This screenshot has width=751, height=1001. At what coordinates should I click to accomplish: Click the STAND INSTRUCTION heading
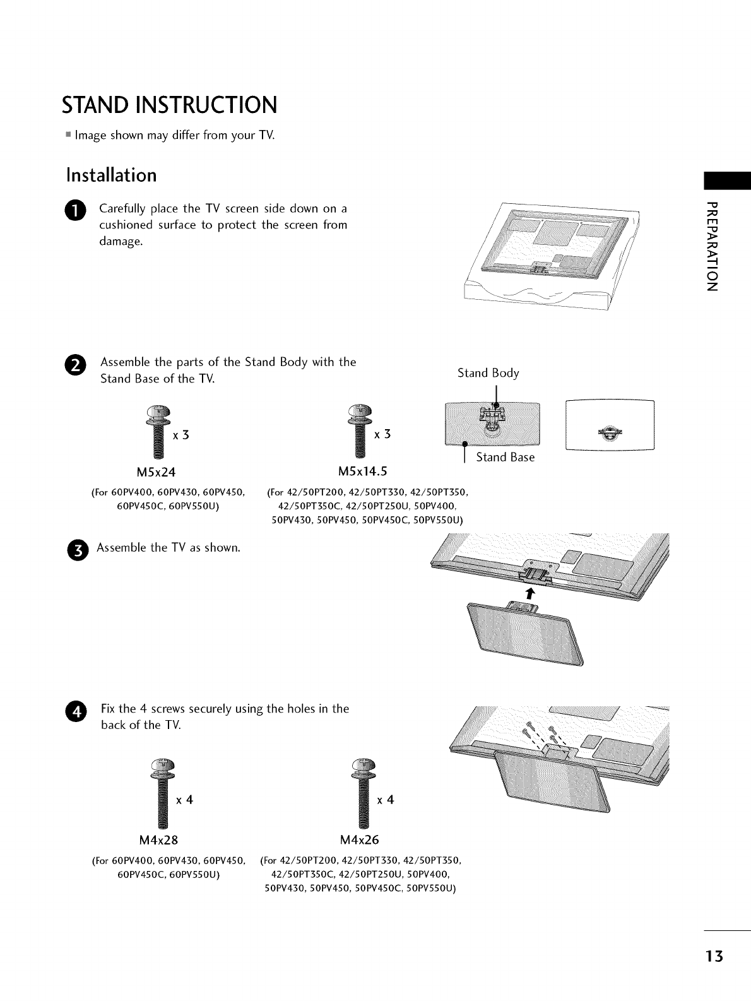(169, 105)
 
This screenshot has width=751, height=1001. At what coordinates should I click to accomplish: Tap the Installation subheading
(111, 175)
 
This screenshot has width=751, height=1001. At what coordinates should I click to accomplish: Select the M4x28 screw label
(158, 840)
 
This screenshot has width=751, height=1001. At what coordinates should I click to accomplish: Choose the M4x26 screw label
(360, 840)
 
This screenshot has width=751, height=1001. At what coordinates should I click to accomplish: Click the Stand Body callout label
(488, 373)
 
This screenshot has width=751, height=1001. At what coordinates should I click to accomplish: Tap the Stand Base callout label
(505, 458)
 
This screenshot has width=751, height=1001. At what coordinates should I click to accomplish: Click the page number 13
(716, 956)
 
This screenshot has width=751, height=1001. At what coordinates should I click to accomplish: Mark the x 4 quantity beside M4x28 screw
(184, 800)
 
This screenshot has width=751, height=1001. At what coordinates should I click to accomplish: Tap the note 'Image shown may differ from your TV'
(174, 136)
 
